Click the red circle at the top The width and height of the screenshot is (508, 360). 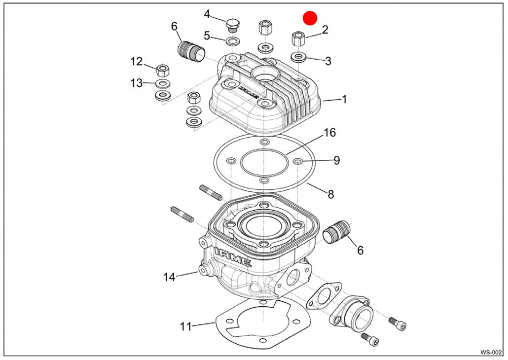(310, 18)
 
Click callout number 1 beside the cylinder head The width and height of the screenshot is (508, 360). (344, 99)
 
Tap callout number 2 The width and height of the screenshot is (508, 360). (325, 30)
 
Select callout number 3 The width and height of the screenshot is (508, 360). (328, 61)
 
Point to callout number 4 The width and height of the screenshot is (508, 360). (207, 14)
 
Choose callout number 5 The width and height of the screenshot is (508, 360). (207, 36)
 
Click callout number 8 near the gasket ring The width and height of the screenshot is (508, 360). (330, 194)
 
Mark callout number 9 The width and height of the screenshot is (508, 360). (336, 160)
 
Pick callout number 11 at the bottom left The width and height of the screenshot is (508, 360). (185, 326)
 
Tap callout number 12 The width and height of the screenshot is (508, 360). (137, 62)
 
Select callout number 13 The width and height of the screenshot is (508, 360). (137, 83)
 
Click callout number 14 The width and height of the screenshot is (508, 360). (169, 277)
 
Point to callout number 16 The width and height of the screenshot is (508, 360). (329, 133)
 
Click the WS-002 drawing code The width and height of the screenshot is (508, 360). (491, 352)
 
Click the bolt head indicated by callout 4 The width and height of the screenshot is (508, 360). (232, 24)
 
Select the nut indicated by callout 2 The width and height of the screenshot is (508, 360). (298, 37)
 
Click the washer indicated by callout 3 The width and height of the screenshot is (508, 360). (298, 57)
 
